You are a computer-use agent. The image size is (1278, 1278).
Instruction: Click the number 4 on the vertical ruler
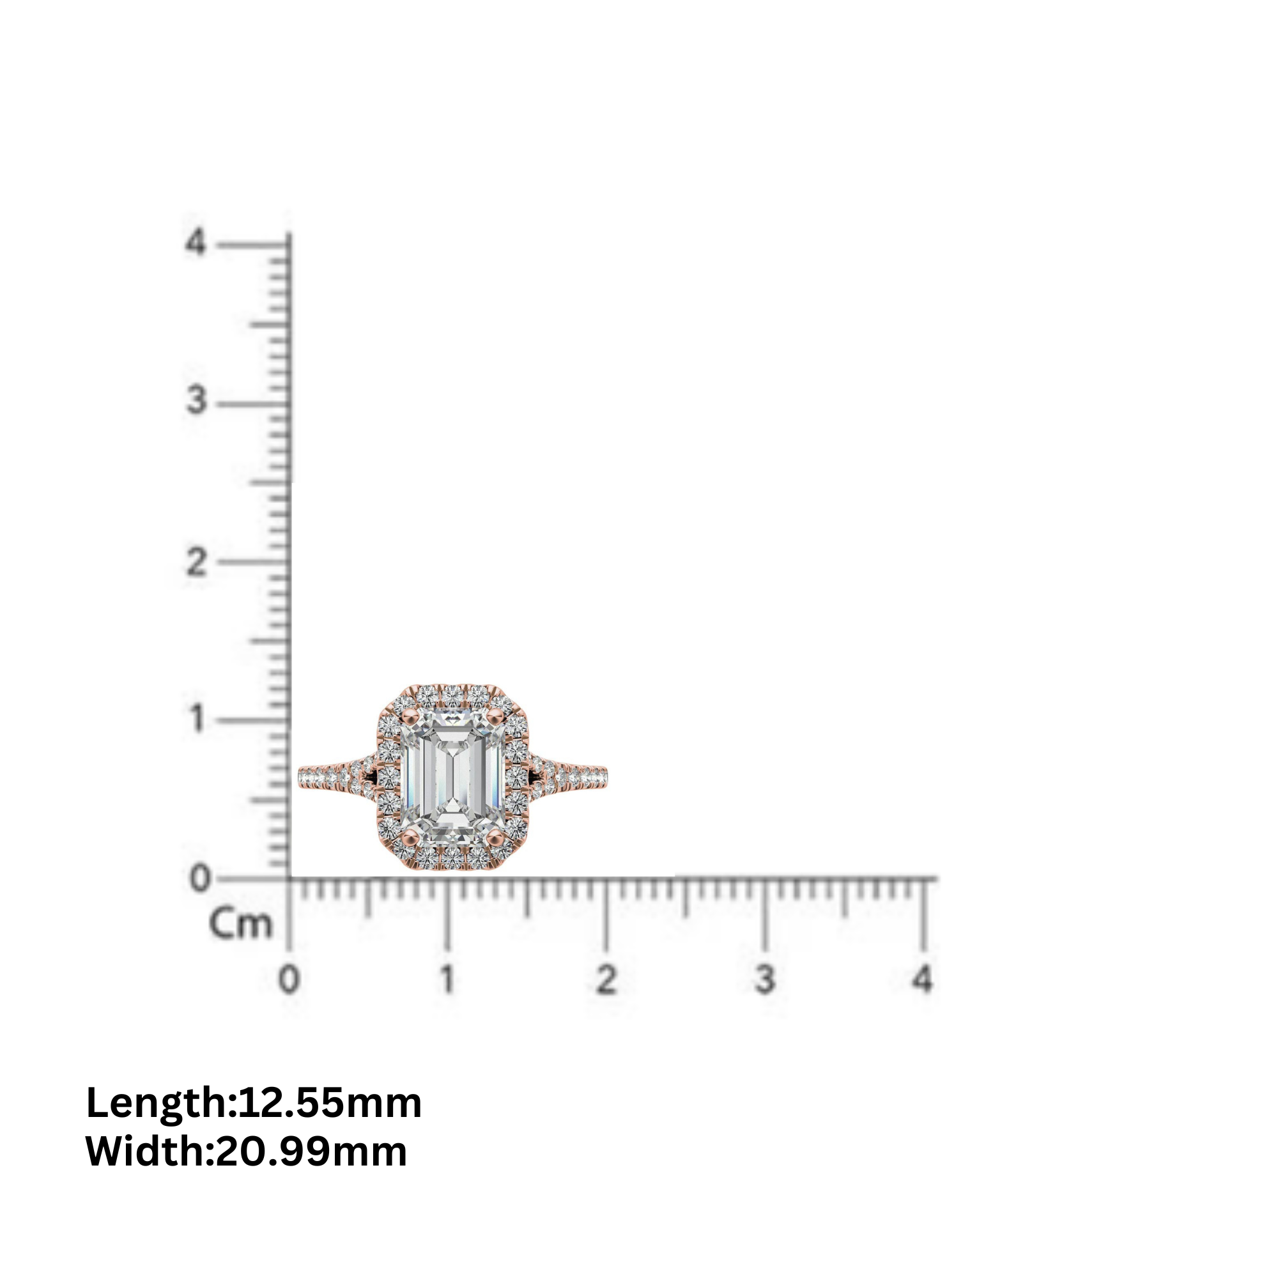[195, 243]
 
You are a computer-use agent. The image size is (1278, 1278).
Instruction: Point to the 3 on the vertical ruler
[196, 400]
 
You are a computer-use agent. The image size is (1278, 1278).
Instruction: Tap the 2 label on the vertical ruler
[196, 563]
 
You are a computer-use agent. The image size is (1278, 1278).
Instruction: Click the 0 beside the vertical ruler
[199, 879]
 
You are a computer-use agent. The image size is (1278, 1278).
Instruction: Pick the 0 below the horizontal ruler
[289, 979]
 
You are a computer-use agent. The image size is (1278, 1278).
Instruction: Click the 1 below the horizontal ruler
[448, 979]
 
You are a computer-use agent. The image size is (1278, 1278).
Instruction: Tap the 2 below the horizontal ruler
[606, 979]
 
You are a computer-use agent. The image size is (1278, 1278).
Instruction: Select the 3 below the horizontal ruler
[765, 979]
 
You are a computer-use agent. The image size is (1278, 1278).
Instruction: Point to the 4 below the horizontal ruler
[922, 979]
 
